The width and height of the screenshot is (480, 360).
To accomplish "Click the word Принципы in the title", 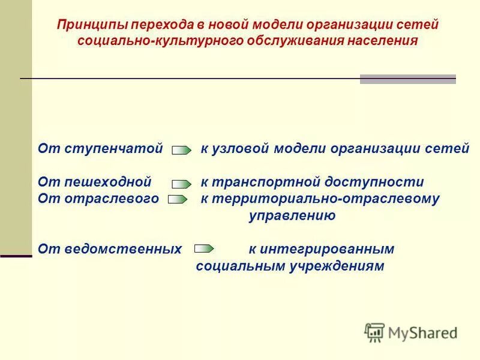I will point(92,26).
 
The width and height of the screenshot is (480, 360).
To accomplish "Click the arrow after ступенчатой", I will point(182,150).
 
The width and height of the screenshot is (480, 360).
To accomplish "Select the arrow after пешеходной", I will point(182,183).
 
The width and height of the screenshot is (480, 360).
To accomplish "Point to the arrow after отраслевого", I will point(178,199).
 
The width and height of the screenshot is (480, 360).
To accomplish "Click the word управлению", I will point(292,215).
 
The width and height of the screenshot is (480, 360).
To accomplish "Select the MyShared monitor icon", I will point(374,332).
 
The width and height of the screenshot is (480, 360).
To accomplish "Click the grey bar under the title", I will point(407,79).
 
